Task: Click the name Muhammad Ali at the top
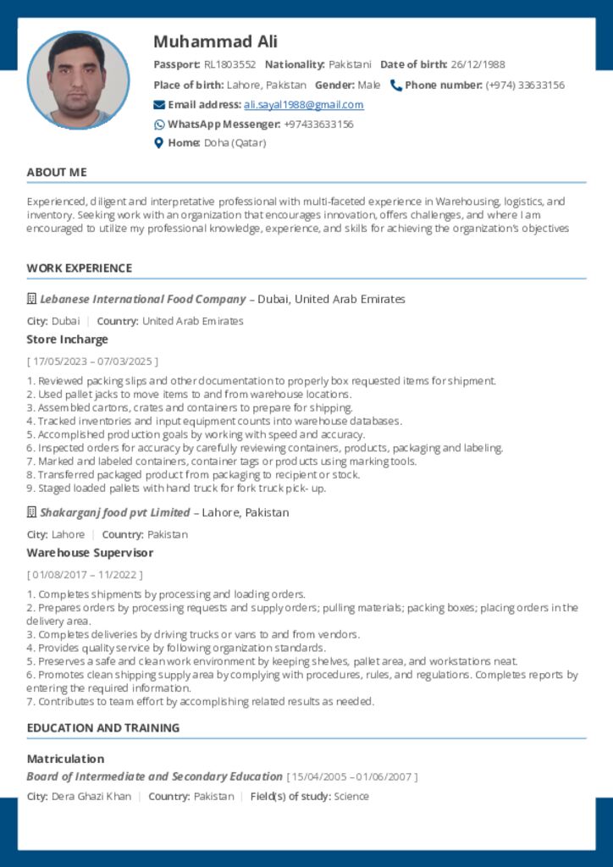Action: [x=215, y=41]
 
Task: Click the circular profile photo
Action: [x=78, y=81]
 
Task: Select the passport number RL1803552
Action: [x=229, y=64]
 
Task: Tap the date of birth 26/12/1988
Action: [x=478, y=64]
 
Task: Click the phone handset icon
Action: [x=395, y=85]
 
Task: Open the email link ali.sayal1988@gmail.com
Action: [x=303, y=105]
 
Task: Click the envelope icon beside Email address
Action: [x=159, y=105]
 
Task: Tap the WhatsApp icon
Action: [x=159, y=124]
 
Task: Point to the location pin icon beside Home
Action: [x=158, y=143]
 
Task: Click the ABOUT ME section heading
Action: [x=57, y=173]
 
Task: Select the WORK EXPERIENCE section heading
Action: [x=80, y=268]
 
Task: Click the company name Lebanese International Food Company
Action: [x=142, y=300]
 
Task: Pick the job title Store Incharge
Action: [x=68, y=340]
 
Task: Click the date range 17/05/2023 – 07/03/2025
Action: [x=92, y=362]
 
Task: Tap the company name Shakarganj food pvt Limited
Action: [x=114, y=513]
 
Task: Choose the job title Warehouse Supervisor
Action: [x=90, y=553]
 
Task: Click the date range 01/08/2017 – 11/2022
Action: [x=82, y=575]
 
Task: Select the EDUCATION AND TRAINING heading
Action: [x=103, y=728]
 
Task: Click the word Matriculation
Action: [x=65, y=759]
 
